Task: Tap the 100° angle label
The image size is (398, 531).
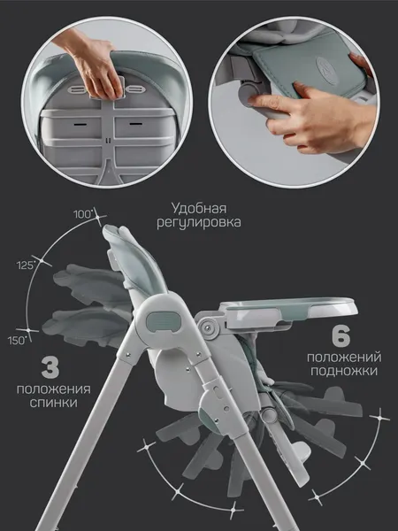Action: tap(85, 214)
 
